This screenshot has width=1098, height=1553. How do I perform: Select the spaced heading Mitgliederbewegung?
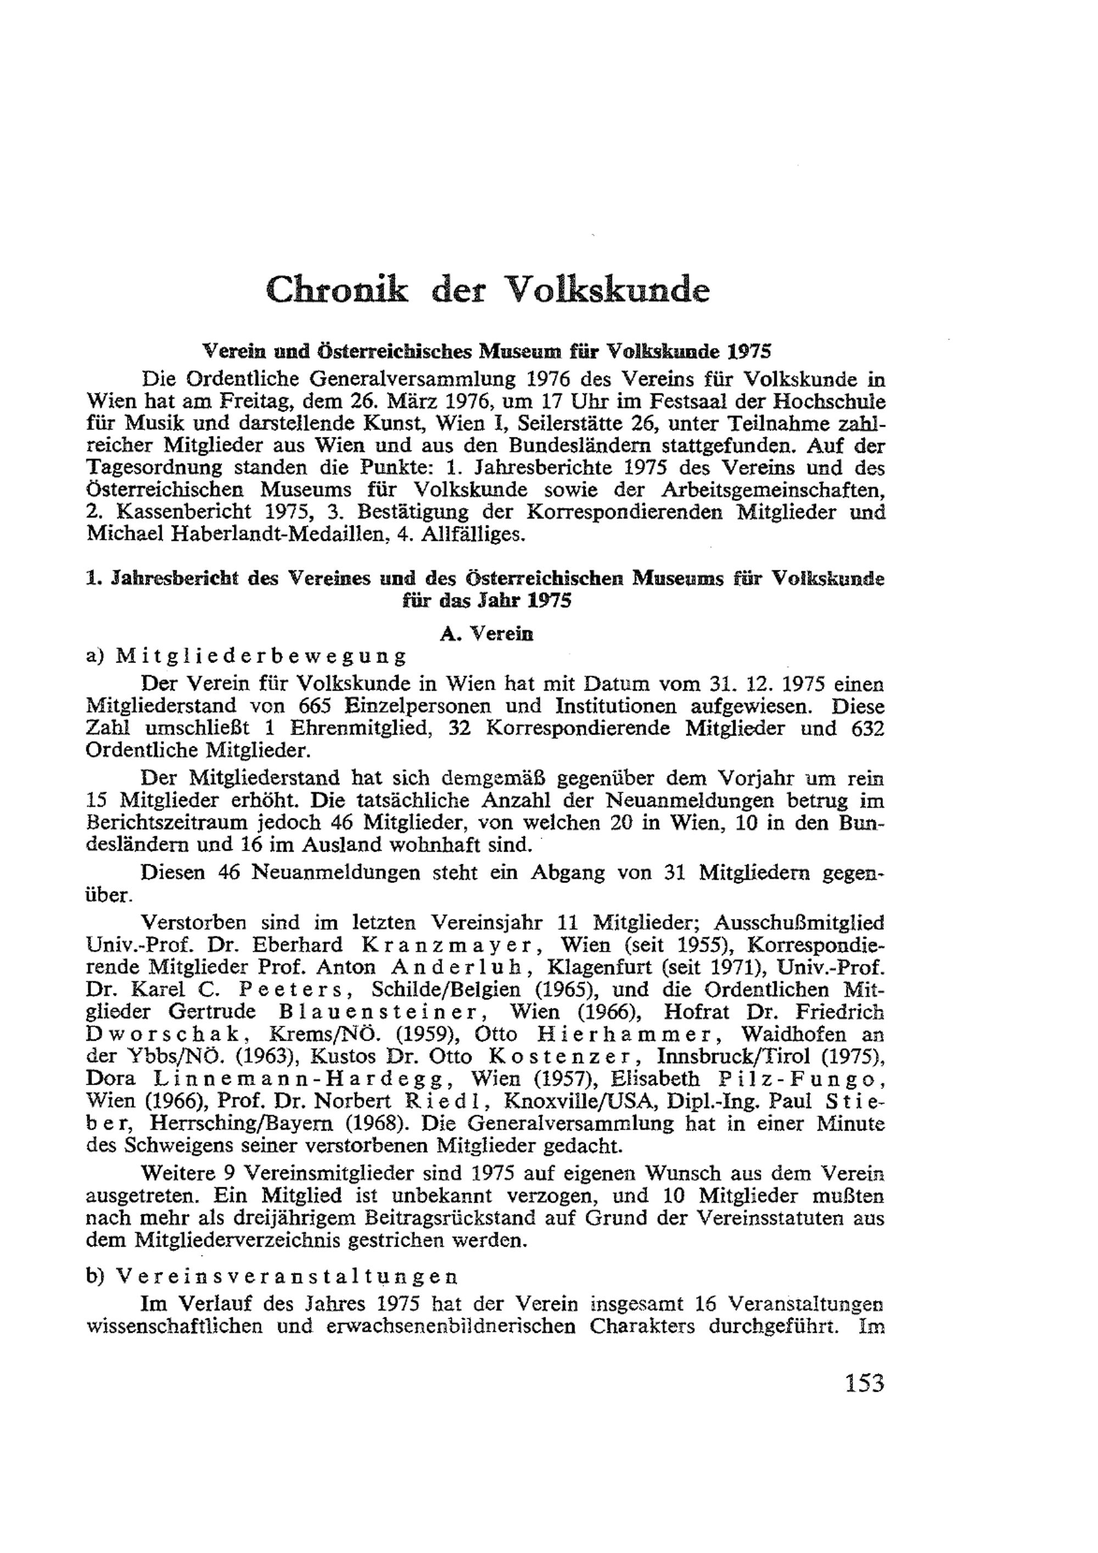click(262, 657)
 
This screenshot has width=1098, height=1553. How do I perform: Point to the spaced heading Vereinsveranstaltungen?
click(287, 1277)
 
